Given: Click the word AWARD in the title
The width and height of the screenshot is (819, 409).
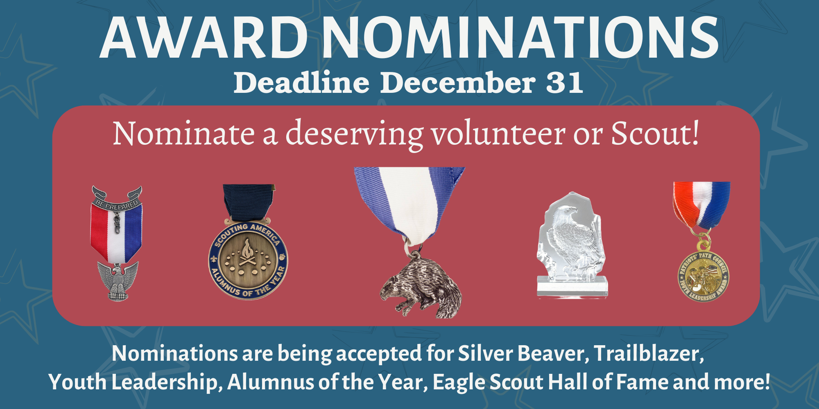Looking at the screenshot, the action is click(x=204, y=38).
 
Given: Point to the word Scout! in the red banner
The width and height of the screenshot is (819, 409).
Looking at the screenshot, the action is click(x=655, y=134).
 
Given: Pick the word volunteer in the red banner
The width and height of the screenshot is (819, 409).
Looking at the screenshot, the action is click(x=498, y=134).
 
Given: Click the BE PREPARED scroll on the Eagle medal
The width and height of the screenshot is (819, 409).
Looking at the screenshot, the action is click(x=117, y=199).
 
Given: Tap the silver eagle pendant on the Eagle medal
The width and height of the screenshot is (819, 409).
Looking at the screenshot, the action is click(x=118, y=281).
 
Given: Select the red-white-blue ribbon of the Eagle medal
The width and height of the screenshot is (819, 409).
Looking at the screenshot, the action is click(x=116, y=233).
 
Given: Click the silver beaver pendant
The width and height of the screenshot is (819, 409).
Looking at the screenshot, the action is click(x=421, y=287).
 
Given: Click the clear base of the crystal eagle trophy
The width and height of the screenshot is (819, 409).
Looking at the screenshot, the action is click(x=572, y=287).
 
